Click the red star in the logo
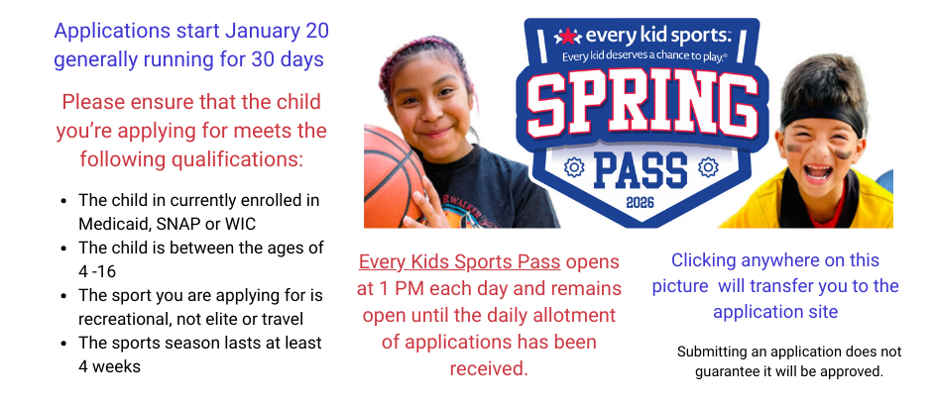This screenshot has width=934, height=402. pos(567,37)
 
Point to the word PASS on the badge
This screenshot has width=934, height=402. pos(640,168)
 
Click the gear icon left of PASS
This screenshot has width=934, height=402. pos(572,167)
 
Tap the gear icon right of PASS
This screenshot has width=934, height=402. pos(707,167)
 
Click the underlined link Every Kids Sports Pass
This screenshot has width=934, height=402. pos(460,262)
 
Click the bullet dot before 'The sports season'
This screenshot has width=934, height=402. pos(64,343)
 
